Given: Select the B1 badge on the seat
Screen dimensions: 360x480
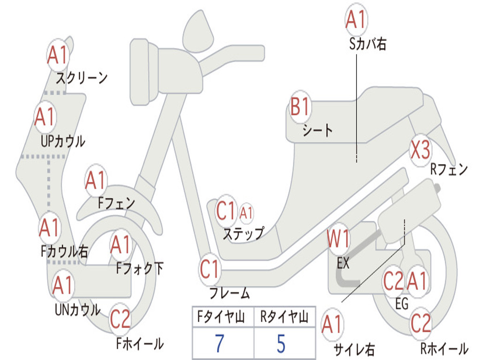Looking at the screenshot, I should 300,107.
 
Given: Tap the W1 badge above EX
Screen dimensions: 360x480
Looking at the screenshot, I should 338,240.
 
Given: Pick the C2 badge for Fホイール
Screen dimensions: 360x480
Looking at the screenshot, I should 120,320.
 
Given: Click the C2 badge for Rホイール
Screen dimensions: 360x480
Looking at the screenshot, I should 420,322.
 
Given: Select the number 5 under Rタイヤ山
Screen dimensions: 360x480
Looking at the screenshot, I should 281,344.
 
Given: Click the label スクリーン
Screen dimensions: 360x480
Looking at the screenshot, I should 82,77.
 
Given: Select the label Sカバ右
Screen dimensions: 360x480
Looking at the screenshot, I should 368,45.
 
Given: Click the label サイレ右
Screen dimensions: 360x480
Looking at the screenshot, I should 353,349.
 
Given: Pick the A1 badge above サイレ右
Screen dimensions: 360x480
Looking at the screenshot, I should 332,324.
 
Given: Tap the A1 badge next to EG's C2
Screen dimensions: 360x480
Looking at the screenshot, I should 417,281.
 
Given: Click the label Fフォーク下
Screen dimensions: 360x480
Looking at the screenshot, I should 140,269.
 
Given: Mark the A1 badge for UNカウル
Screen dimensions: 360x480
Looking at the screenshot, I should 62,285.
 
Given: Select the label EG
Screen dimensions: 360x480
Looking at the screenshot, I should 402,304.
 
